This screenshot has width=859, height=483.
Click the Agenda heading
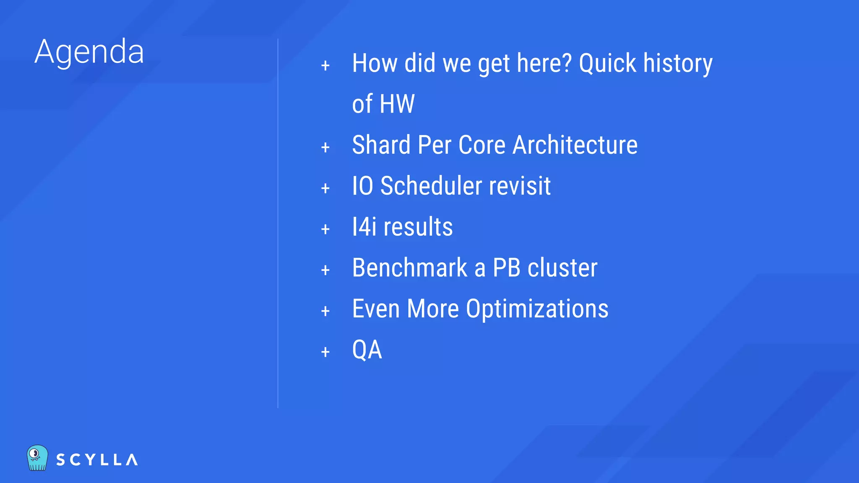click(89, 52)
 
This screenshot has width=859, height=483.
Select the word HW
click(397, 104)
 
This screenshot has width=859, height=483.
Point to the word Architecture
click(575, 145)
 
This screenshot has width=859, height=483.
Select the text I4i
click(364, 227)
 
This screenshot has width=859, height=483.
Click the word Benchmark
click(409, 267)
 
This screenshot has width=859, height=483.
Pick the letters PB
click(506, 267)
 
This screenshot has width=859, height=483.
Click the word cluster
click(562, 267)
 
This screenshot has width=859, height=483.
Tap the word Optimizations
click(537, 309)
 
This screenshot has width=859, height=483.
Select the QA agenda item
click(367, 350)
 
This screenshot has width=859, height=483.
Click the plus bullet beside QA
click(325, 352)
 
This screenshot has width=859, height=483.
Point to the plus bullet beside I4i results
click(325, 229)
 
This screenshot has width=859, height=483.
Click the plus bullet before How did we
click(325, 66)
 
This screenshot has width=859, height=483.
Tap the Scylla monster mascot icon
click(37, 458)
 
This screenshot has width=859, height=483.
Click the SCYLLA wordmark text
click(97, 460)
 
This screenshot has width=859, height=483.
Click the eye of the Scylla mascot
click(35, 453)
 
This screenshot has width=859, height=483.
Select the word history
click(678, 63)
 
